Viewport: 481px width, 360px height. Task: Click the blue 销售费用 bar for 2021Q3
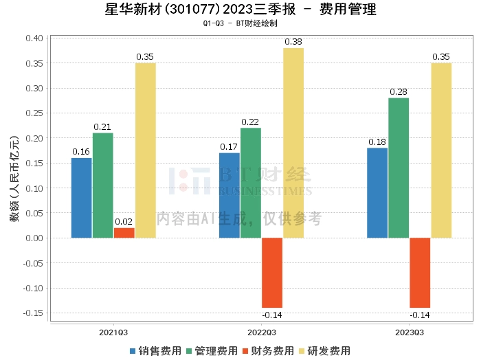(81, 198)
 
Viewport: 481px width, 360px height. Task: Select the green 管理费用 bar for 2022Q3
(251, 183)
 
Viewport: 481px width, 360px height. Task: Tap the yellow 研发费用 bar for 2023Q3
(441, 150)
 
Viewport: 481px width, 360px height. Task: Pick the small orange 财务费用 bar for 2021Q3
(124, 233)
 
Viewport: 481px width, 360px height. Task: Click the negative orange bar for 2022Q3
(272, 273)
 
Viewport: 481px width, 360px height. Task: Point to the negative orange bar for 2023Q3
(420, 273)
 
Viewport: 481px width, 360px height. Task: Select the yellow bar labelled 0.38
(293, 143)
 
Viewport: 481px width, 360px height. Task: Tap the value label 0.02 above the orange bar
(124, 221)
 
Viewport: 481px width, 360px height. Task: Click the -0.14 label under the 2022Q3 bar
(272, 315)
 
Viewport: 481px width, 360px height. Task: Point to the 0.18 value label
(377, 142)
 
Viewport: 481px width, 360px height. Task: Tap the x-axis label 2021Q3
(113, 332)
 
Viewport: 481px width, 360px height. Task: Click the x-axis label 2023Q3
(409, 332)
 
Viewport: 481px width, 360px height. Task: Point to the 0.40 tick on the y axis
(34, 38)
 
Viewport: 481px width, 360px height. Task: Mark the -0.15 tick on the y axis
(33, 313)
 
